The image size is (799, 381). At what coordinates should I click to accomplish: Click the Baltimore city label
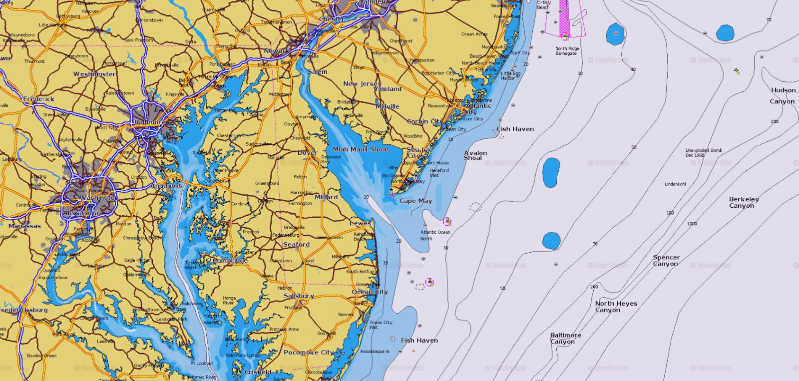click(x=149, y=122)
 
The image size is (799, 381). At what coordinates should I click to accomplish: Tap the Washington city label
click(x=99, y=198)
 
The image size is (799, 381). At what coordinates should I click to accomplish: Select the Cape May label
click(x=415, y=201)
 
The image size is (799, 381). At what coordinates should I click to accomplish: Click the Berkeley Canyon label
click(x=744, y=202)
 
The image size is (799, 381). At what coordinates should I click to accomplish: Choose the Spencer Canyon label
click(x=666, y=261)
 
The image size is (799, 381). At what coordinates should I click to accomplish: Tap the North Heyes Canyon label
click(x=616, y=307)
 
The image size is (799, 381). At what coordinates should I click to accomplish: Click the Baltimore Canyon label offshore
click(x=565, y=339)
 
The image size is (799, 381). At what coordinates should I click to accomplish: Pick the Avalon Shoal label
click(x=475, y=155)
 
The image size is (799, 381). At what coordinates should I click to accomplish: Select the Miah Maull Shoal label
click(x=360, y=149)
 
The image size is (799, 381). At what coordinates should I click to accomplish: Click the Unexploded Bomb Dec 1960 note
click(x=704, y=152)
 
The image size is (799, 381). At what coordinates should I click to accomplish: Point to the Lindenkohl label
click(x=675, y=184)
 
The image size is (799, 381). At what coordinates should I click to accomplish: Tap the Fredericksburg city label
click(x=24, y=310)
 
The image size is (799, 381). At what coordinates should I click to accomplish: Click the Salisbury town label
click(x=299, y=296)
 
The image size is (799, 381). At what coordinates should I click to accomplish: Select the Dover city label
click(x=307, y=153)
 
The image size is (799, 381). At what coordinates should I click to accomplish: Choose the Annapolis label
click(x=166, y=186)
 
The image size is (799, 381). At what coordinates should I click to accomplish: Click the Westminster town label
click(x=94, y=74)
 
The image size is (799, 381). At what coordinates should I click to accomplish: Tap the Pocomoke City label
click(x=309, y=353)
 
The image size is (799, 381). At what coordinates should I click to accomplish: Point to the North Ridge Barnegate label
click(x=567, y=51)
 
